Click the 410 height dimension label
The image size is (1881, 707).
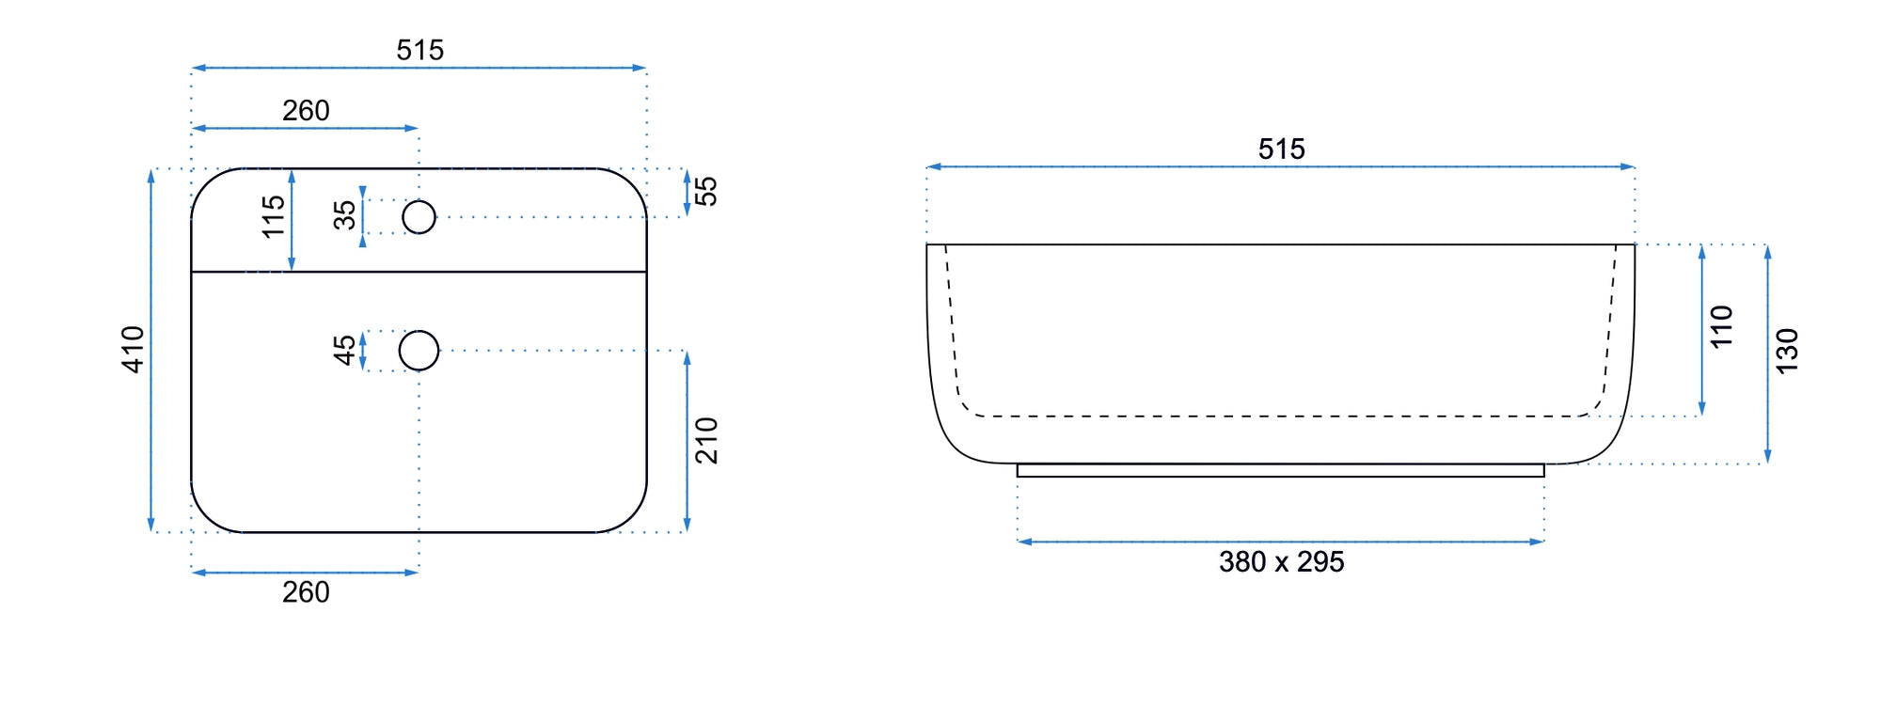click(x=134, y=350)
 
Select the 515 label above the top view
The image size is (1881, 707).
click(x=419, y=50)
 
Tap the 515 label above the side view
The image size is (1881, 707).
click(x=1281, y=149)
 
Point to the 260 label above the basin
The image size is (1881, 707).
click(x=306, y=111)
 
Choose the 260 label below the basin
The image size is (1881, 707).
click(x=306, y=592)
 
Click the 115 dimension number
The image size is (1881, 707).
click(x=273, y=216)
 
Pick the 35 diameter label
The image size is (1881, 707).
click(x=345, y=215)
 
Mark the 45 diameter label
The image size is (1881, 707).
click(x=345, y=350)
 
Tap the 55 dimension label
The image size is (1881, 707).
click(x=705, y=191)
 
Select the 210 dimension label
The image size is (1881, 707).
click(x=706, y=440)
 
